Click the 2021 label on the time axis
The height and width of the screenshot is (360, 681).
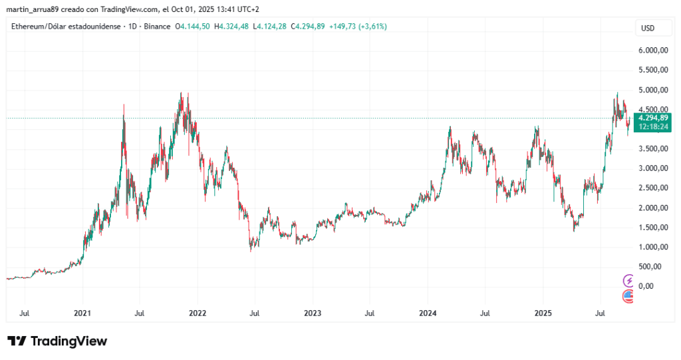82,313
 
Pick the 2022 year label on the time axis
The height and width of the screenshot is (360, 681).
198,313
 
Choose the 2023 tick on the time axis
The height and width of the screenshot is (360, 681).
313,313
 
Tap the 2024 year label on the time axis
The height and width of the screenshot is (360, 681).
428,313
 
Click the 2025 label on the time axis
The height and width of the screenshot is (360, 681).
543,313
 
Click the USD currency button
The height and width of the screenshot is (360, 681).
646,28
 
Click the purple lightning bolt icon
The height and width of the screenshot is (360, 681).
628,280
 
